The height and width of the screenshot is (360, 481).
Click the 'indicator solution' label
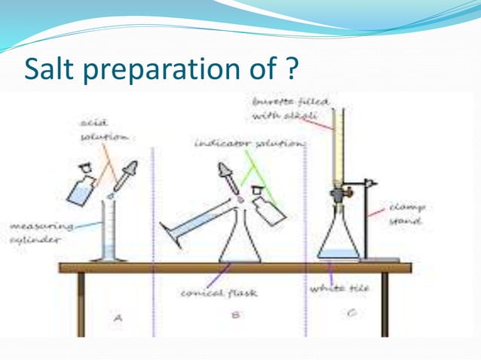pos(237,142)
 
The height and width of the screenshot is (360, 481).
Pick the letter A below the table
pos(118,318)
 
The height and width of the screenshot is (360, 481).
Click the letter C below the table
pos(351,314)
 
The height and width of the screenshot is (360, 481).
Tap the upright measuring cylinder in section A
pos(110,230)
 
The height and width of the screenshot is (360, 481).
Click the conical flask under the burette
pos(339,241)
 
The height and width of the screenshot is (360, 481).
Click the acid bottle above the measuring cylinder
pos(80,188)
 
